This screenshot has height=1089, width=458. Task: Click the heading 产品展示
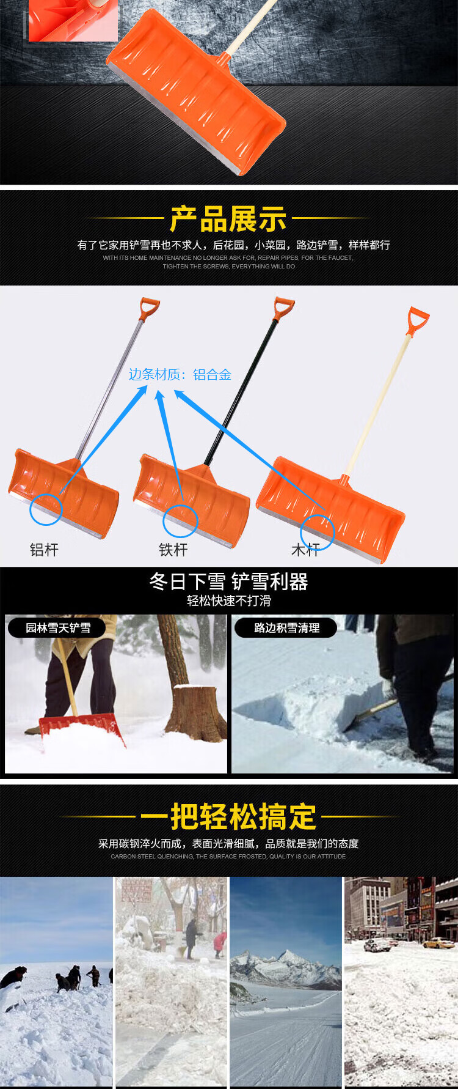pyautogui.click(x=228, y=219)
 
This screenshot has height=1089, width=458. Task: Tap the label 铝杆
pyautogui.click(x=44, y=550)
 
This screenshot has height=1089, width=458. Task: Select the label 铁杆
pyautogui.click(x=173, y=550)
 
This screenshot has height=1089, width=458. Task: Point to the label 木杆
pyautogui.click(x=305, y=550)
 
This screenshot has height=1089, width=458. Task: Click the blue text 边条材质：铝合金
pyautogui.click(x=180, y=374)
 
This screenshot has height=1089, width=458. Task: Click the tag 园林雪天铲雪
pyautogui.click(x=58, y=628)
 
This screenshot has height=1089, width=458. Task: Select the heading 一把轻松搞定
pyautogui.click(x=228, y=816)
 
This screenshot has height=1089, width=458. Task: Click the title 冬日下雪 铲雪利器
pyautogui.click(x=229, y=581)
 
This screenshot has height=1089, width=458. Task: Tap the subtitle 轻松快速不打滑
pyautogui.click(x=229, y=600)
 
